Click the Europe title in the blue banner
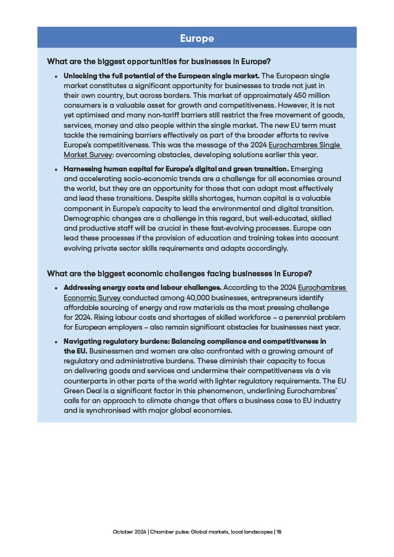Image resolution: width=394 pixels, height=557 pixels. coord(197,38)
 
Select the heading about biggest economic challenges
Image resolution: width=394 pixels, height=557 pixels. coord(179,273)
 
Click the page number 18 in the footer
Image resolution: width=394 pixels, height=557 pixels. coord(279,531)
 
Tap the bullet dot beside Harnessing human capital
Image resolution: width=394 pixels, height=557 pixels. coord(56,169)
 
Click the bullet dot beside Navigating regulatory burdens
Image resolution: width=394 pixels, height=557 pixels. coord(56,342)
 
